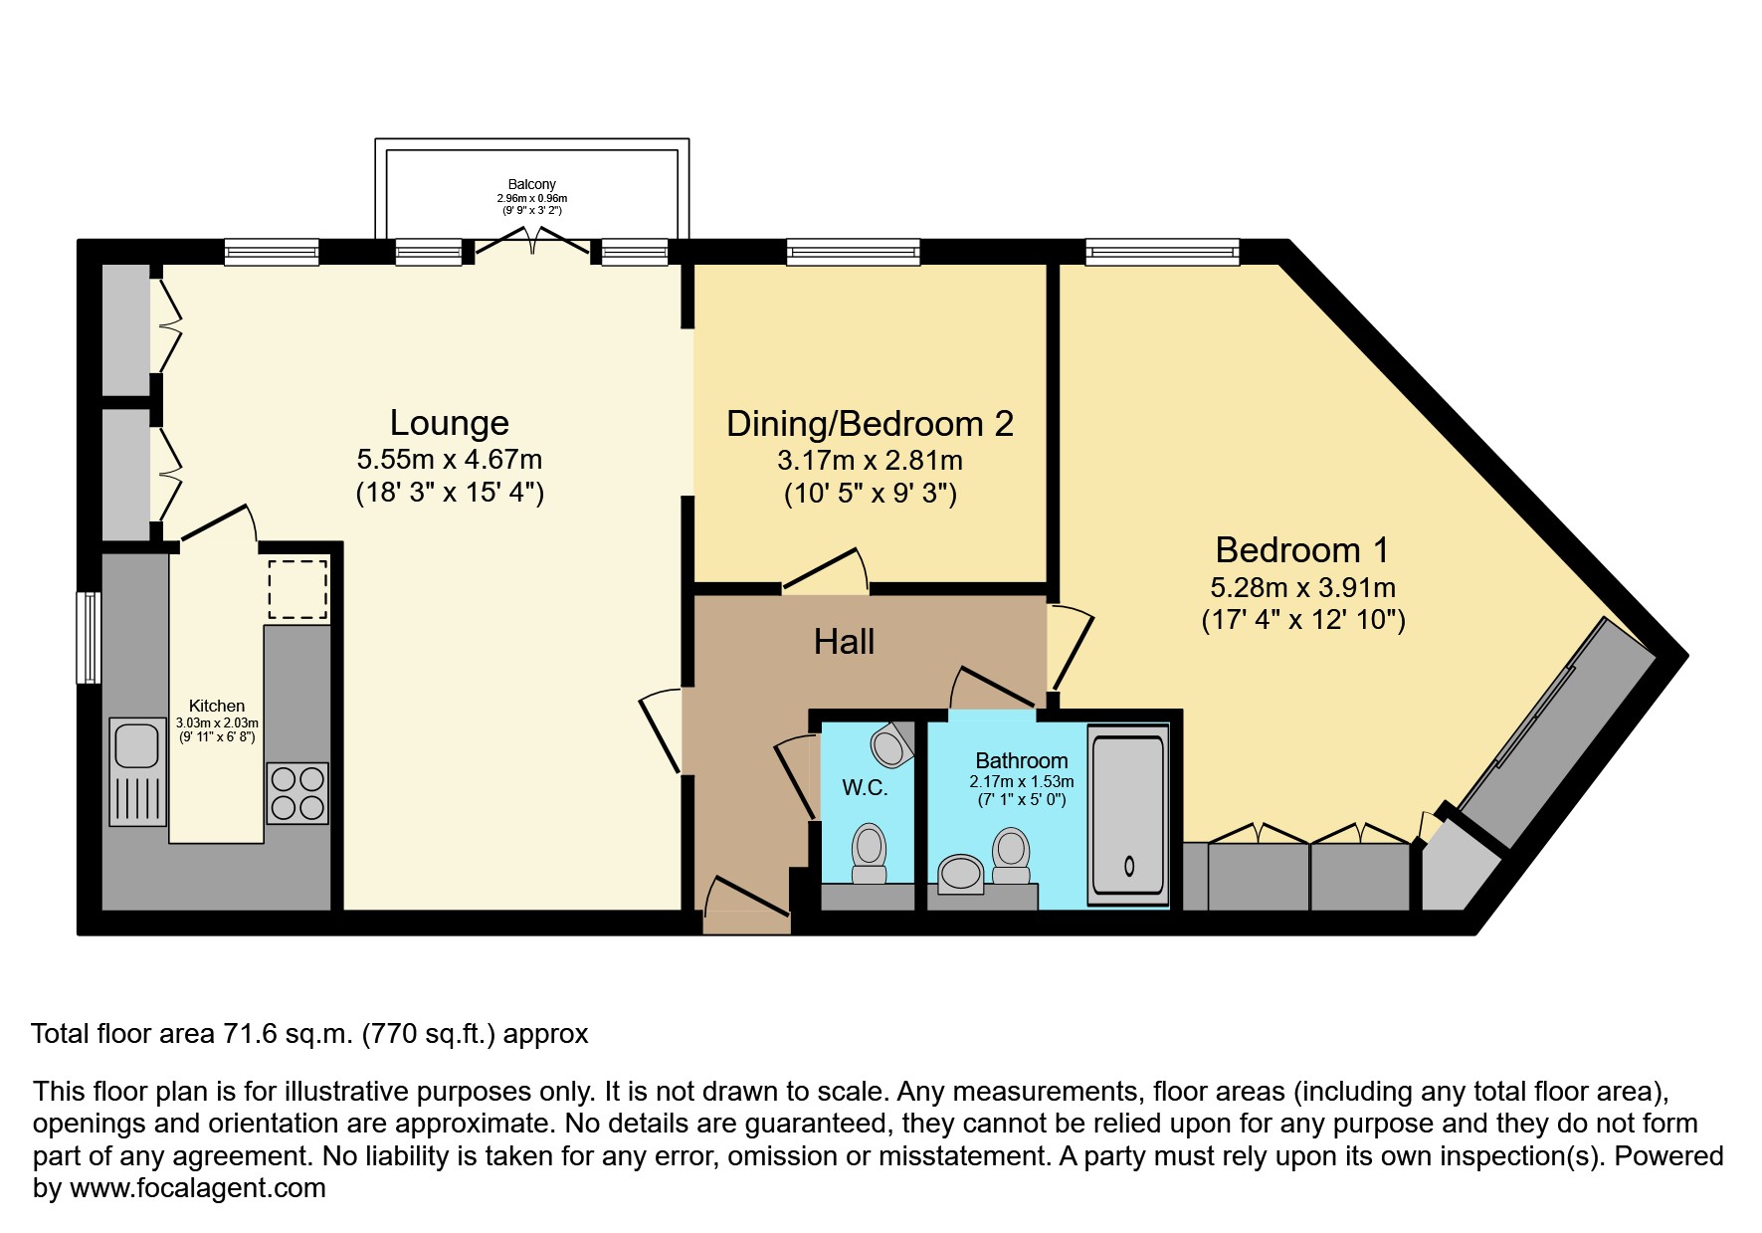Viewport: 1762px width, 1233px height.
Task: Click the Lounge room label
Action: pos(449,423)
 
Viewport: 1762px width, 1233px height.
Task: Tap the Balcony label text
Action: pos(531,184)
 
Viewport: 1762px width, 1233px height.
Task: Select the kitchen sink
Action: pos(136,745)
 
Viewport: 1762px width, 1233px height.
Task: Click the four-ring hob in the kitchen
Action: pos(297,792)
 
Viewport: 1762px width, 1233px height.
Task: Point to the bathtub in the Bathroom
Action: pos(1128,815)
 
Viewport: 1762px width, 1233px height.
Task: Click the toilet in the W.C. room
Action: pos(870,854)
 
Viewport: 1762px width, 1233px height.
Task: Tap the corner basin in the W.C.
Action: pos(891,744)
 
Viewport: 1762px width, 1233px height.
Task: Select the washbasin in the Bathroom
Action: pos(961,873)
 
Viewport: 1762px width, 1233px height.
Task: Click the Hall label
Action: pos(844,642)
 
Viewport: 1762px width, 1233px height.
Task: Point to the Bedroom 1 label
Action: pos(1301,550)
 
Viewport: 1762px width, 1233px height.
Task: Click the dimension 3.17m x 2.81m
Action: pos(870,461)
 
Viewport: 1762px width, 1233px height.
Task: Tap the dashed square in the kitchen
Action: pos(297,588)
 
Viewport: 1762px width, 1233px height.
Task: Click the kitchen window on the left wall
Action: pos(89,637)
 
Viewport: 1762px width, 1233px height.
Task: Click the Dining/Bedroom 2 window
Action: pos(853,252)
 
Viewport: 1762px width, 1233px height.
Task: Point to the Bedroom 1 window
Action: pos(1162,252)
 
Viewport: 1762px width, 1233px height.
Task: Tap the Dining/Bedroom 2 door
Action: pos(826,570)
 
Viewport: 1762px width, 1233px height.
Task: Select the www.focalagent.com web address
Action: pos(197,1188)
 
